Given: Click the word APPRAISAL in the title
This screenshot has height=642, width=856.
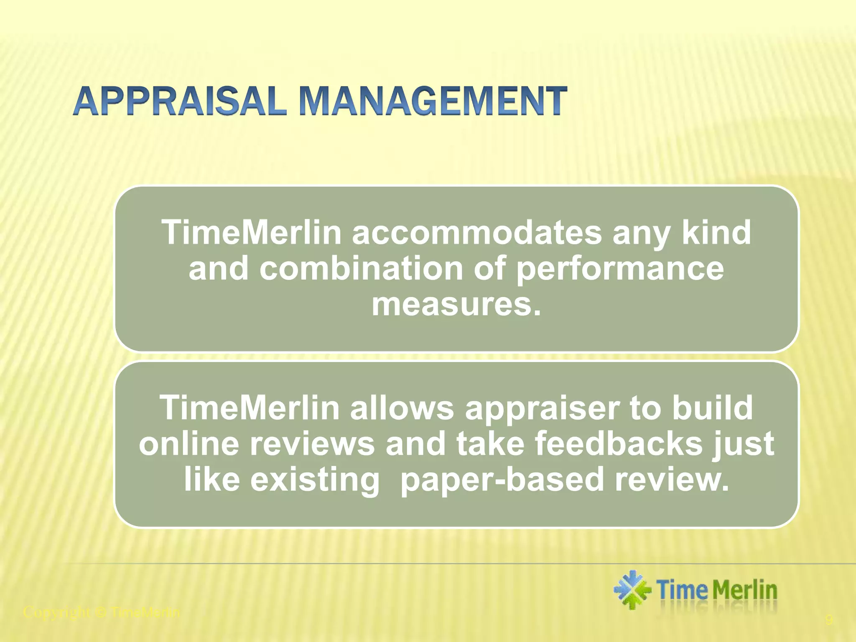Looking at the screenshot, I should pos(180,101).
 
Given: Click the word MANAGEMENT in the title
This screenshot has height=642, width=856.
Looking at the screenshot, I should pos(433,101).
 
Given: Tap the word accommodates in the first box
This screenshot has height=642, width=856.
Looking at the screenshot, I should pos(476,232).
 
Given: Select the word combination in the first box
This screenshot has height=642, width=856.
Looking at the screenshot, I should pos(361,268).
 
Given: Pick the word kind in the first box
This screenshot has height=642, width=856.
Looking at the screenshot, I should pos(716,232).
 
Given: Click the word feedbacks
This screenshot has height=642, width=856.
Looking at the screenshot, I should pos(619,444).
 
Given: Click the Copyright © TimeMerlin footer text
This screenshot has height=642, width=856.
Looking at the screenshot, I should pos(102,613).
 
